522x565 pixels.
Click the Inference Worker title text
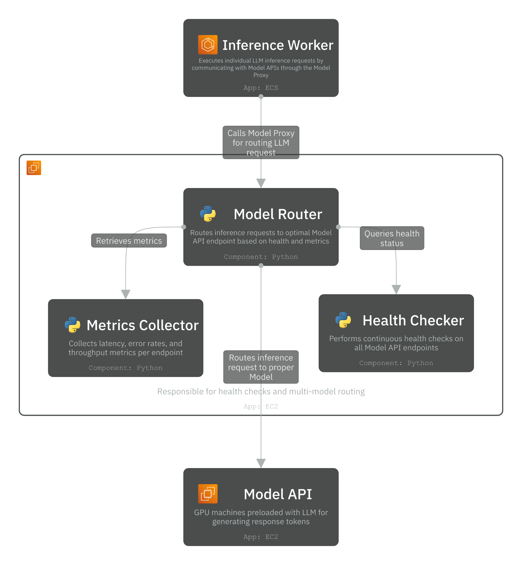[278, 45]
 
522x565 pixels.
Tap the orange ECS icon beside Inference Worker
[208, 45]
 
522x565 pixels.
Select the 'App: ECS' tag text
[261, 88]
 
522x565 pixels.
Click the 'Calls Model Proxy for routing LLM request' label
[261, 142]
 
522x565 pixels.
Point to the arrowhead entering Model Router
[261, 183]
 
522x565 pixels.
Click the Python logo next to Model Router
[208, 214]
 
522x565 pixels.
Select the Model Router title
[278, 214]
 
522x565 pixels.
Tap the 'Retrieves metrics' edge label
[129, 241]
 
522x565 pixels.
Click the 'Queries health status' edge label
[392, 238]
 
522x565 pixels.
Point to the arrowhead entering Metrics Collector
[126, 294]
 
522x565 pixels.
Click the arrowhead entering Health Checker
[396, 289]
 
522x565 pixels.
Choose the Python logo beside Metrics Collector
[72, 325]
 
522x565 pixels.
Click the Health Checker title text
[413, 320]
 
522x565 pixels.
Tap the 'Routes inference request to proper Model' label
[261, 367]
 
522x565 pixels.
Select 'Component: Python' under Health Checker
[396, 363]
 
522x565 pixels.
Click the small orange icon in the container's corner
[34, 168]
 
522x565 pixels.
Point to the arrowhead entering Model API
[261, 463]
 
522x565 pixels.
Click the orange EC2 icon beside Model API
[208, 494]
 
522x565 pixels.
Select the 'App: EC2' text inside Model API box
[261, 537]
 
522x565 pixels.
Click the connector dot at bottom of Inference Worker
[261, 97]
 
